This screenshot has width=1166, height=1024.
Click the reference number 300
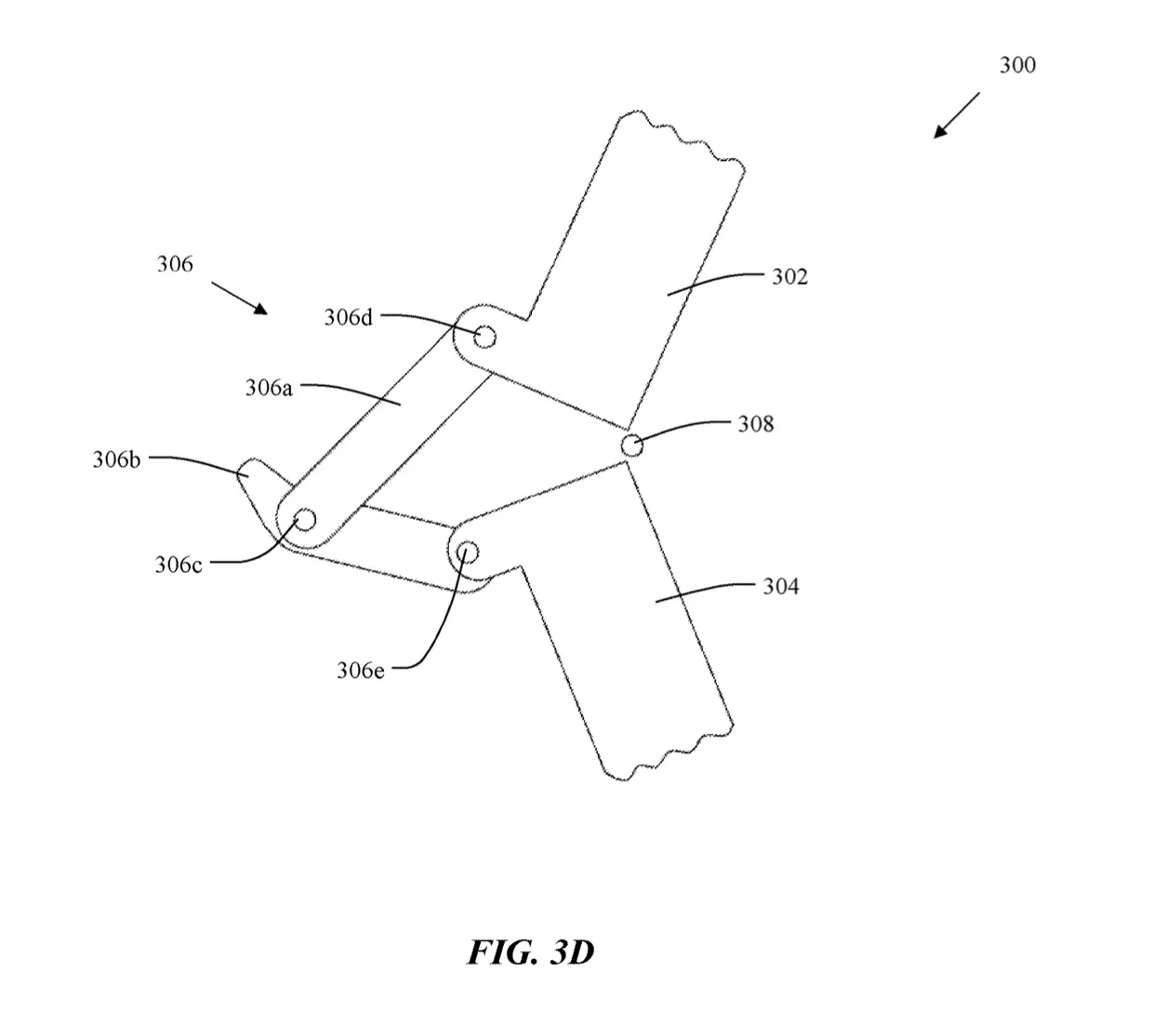click(1017, 65)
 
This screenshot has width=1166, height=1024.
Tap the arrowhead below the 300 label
click(940, 132)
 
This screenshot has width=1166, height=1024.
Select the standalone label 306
click(175, 264)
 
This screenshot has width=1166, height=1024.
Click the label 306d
click(349, 317)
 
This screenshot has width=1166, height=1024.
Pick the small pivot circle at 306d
click(484, 338)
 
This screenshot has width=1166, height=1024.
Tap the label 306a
click(270, 388)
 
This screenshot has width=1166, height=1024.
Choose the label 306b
click(116, 459)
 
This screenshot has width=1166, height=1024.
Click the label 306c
click(179, 565)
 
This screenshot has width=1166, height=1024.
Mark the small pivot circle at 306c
click(306, 519)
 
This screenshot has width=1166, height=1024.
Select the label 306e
click(361, 671)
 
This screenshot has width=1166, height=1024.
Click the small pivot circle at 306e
click(468, 552)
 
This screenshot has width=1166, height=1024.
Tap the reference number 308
click(756, 424)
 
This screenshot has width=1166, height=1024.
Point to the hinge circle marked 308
click(632, 446)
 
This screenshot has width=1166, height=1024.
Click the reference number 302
click(789, 277)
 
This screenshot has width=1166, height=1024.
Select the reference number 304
click(781, 587)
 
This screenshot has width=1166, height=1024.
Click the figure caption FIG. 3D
click(531, 952)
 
